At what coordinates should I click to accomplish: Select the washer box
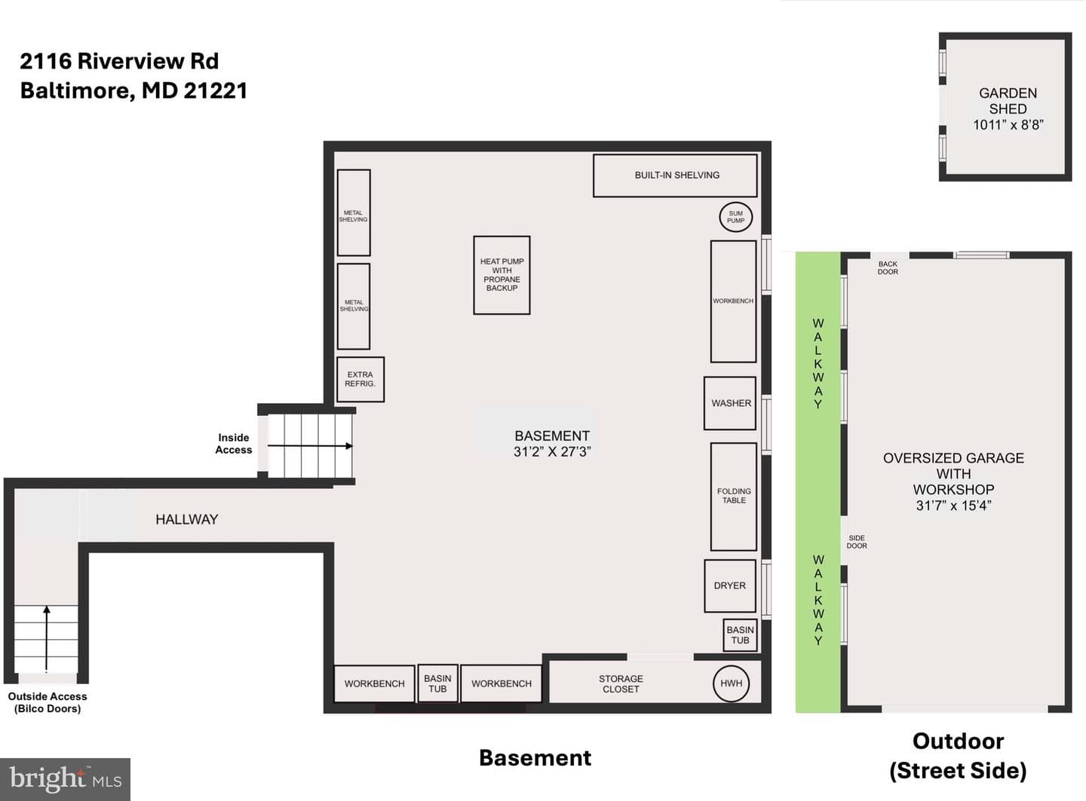pyautogui.click(x=730, y=403)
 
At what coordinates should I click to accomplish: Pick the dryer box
pyautogui.click(x=730, y=585)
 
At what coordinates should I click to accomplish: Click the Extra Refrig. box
pyautogui.click(x=360, y=379)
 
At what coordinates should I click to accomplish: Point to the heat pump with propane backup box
pyautogui.click(x=502, y=275)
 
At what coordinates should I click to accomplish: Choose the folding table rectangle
pyautogui.click(x=734, y=497)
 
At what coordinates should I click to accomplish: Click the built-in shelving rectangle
pyautogui.click(x=675, y=176)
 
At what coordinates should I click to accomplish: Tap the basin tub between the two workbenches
pyautogui.click(x=437, y=683)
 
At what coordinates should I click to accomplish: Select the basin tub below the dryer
pyautogui.click(x=741, y=635)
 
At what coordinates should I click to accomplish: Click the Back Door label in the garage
pyautogui.click(x=888, y=268)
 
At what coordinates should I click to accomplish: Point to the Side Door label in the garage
pyautogui.click(x=857, y=542)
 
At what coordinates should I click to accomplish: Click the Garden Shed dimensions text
pyautogui.click(x=1008, y=125)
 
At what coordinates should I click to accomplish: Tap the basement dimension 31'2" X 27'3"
pyautogui.click(x=552, y=451)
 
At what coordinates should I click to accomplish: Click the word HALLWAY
pyautogui.click(x=187, y=519)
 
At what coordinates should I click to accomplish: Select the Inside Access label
pyautogui.click(x=234, y=443)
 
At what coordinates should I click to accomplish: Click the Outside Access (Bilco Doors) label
pyautogui.click(x=48, y=702)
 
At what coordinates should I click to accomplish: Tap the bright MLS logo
pyautogui.click(x=65, y=779)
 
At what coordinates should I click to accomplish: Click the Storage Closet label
pyautogui.click(x=621, y=683)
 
